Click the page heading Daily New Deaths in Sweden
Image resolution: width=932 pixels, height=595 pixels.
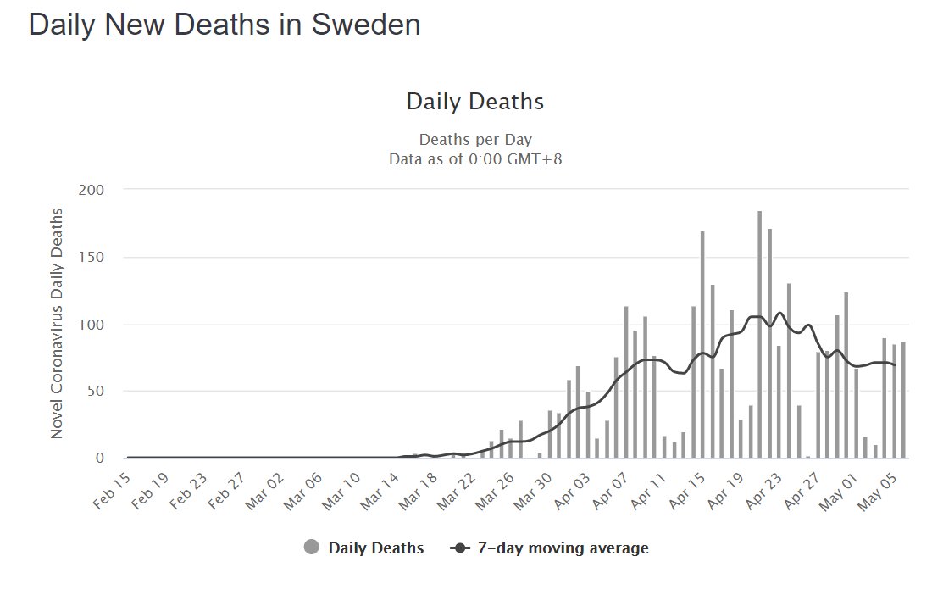point(225,25)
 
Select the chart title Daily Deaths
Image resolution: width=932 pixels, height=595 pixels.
point(474,103)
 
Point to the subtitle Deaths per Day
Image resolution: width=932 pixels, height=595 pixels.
point(475,140)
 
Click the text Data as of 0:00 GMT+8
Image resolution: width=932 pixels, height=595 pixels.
point(475,158)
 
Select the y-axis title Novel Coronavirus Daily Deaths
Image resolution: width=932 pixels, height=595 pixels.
point(58,323)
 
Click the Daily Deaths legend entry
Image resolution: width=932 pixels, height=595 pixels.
point(376,548)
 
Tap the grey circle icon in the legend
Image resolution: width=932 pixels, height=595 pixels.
point(312,548)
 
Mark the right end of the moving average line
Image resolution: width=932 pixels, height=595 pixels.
point(895,365)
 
